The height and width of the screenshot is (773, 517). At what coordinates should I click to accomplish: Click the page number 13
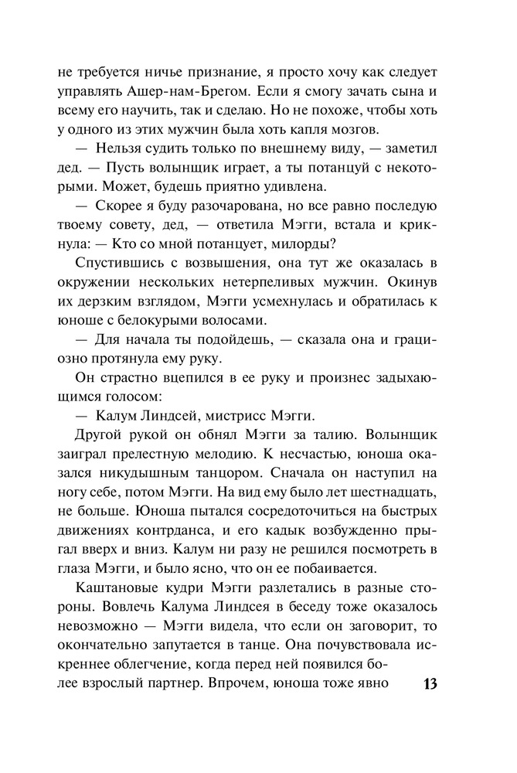430,685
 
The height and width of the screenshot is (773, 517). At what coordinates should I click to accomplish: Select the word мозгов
352,128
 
